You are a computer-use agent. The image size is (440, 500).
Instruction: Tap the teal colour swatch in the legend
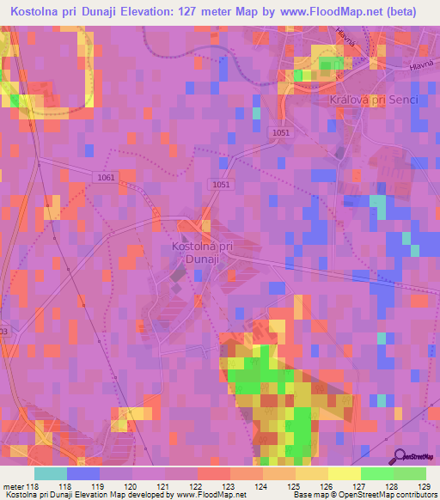point(51,473)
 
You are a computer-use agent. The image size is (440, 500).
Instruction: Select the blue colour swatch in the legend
point(83,473)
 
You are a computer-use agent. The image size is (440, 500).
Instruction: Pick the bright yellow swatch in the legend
point(345,473)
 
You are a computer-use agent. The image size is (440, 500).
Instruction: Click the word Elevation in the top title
point(147,12)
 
